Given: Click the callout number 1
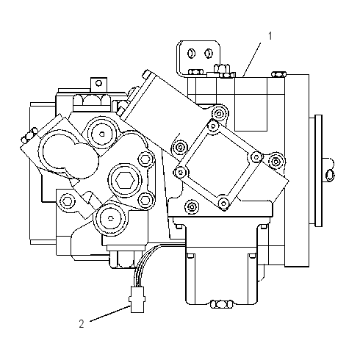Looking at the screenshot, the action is tap(270, 36).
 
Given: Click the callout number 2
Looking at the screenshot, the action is tap(82, 323).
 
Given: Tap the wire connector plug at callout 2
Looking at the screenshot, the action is tap(137, 300).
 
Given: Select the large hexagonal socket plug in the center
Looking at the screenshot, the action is tap(125, 181).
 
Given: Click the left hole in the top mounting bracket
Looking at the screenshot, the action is tap(191, 53).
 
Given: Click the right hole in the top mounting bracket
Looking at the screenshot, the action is tap(209, 53).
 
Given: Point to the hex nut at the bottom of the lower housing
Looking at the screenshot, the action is tap(221, 304).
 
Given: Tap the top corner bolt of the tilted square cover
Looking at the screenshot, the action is tap(213, 126).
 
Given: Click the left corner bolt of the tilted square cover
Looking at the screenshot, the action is tap(180, 173).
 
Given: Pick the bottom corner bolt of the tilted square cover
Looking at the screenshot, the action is tap(223, 203).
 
